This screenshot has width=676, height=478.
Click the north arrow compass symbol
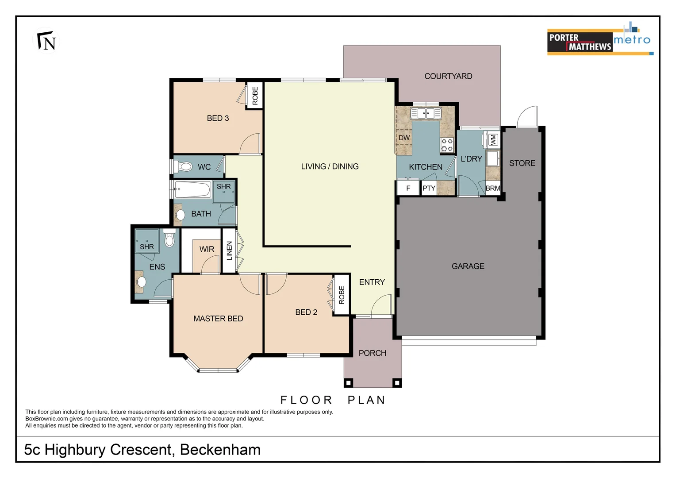[46, 41]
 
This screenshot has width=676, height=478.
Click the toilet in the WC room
[183, 166]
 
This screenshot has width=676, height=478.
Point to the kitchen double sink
[426, 114]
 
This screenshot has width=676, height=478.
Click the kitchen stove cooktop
[447, 145]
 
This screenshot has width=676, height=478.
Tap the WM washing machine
[492, 140]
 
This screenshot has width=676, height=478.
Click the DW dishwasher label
[404, 138]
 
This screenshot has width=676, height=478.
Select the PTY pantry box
[429, 189]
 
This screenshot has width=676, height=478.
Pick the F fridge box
[408, 189]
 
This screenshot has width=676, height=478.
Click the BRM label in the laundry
[493, 188]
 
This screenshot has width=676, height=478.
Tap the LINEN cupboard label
[229, 251]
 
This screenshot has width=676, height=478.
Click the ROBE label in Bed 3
[255, 96]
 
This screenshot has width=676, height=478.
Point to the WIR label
[207, 249]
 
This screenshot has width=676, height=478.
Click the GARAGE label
[468, 266]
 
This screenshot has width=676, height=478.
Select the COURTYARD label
[448, 76]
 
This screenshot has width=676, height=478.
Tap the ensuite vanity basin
[141, 282]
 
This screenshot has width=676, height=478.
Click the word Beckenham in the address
[220, 449]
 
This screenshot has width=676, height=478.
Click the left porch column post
[348, 383]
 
